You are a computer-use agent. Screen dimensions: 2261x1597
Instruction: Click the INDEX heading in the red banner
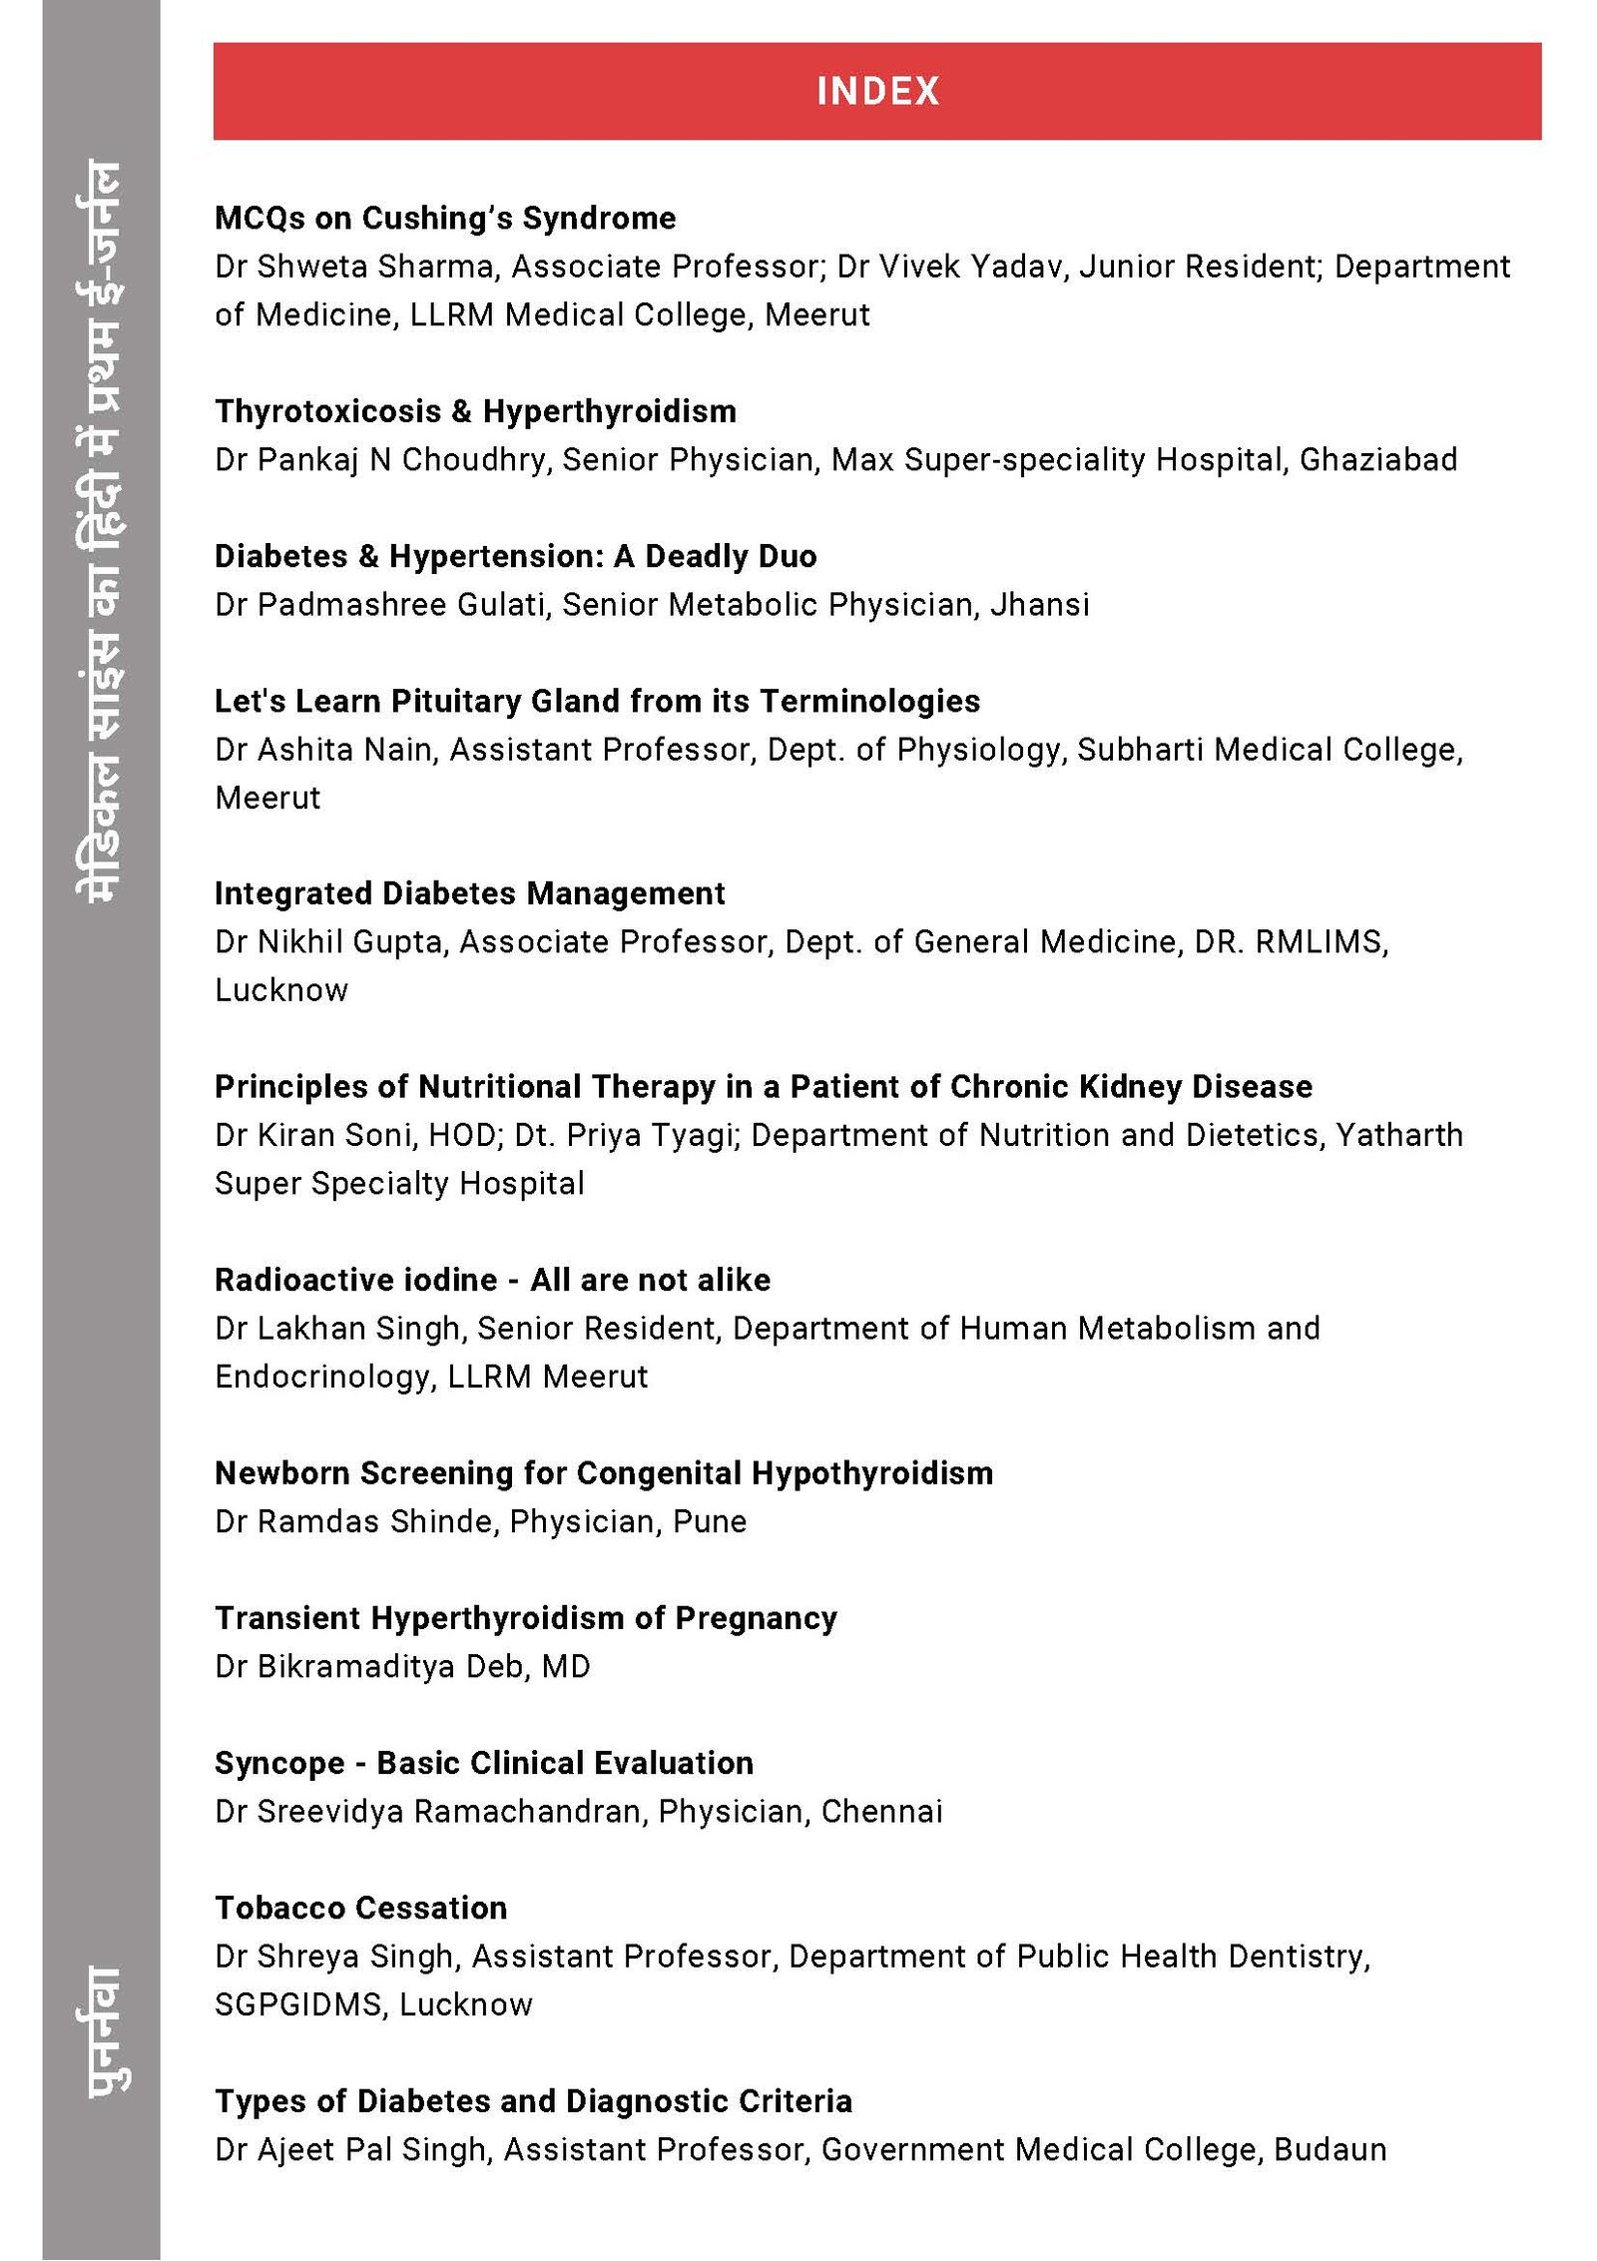coord(877,91)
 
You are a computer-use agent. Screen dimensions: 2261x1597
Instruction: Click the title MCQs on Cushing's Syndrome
coord(445,218)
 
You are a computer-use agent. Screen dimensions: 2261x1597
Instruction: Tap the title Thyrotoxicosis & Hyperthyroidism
coord(475,411)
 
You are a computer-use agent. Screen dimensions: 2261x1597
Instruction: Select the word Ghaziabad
coord(1377,459)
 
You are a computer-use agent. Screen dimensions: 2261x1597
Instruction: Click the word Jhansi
coord(1039,605)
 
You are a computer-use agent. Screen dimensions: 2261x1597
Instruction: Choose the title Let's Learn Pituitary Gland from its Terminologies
coord(597,701)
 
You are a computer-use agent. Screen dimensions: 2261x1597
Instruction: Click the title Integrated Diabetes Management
coord(469,893)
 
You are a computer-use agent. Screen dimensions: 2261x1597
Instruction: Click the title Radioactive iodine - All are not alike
coord(492,1280)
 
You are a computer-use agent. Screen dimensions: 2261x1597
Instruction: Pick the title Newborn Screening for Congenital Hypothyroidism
coord(603,1473)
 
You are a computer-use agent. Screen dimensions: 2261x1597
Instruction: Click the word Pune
coord(710,1521)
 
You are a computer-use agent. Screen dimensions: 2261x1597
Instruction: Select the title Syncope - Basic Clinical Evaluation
coord(483,1763)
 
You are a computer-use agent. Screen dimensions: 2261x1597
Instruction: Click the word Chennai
coord(881,1811)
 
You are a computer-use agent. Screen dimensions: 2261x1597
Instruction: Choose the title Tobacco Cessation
coord(360,1908)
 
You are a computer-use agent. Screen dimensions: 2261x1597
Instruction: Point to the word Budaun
coord(1330,2149)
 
